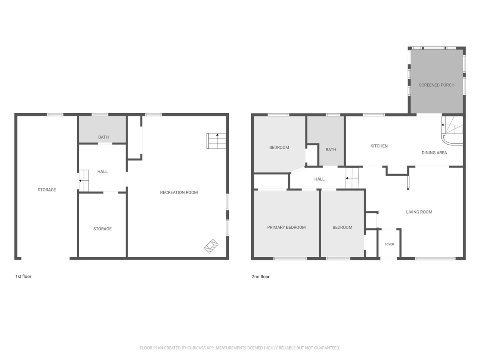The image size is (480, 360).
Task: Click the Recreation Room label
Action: (179, 192)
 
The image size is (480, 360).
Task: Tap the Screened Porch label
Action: (436, 85)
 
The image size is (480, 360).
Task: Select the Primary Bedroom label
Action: (286, 227)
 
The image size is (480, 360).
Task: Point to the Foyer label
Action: (389, 244)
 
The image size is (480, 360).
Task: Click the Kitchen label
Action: (379, 146)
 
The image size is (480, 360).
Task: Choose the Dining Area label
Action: (434, 153)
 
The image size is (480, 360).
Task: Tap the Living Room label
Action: (419, 212)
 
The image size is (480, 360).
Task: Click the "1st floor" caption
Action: (23, 276)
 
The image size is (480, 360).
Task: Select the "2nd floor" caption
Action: (261, 276)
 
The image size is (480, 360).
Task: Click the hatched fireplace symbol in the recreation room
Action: (211, 246)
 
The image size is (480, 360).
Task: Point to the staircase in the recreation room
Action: (216, 141)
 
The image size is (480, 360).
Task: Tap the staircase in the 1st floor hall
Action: (84, 180)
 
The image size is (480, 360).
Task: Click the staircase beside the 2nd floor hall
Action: (352, 178)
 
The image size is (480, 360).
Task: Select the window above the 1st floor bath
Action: (100, 114)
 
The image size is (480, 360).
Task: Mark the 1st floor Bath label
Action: (104, 137)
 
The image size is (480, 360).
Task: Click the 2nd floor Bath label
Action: (331, 150)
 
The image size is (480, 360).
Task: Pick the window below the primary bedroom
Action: (290, 258)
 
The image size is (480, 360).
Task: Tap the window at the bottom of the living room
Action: (435, 258)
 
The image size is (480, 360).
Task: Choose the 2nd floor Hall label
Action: (319, 179)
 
